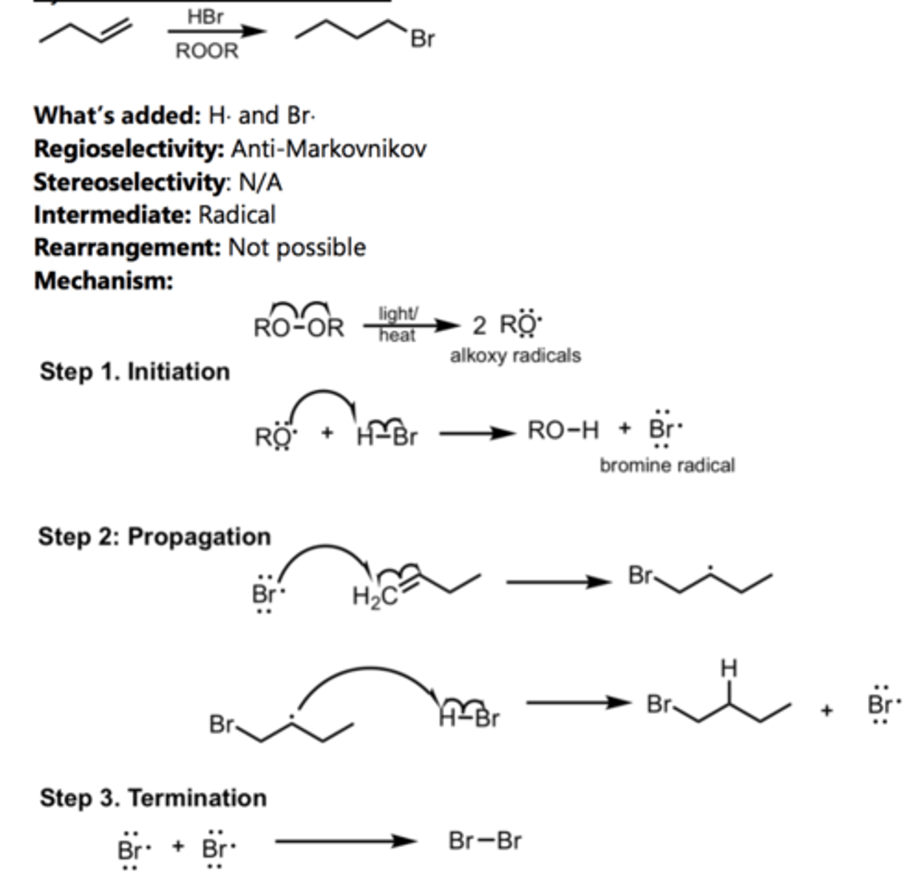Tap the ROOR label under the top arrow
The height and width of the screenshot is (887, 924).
pyautogui.click(x=207, y=51)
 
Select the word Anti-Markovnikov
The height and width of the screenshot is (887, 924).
pyautogui.click(x=328, y=149)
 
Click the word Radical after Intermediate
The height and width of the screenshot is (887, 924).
pyautogui.click(x=237, y=214)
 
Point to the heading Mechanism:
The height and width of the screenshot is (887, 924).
pyautogui.click(x=103, y=280)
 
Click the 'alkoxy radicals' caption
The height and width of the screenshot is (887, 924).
pyautogui.click(x=515, y=356)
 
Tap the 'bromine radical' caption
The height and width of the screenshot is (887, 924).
pyautogui.click(x=667, y=465)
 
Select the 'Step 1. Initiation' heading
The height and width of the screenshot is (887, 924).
pyautogui.click(x=135, y=371)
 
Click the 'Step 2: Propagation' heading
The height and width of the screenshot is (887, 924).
pyautogui.click(x=154, y=536)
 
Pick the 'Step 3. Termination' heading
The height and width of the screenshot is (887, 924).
pyautogui.click(x=153, y=798)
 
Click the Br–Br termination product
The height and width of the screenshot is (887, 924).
pyautogui.click(x=485, y=840)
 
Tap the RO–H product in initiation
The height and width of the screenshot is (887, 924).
pyautogui.click(x=563, y=429)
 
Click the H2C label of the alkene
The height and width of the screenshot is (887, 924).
pyautogui.click(x=376, y=596)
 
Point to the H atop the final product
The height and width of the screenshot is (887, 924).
pyautogui.click(x=729, y=668)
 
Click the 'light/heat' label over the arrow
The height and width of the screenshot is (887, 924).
pyautogui.click(x=398, y=324)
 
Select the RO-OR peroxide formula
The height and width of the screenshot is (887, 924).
pyautogui.click(x=299, y=327)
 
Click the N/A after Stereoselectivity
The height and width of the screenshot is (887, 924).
pyautogui.click(x=259, y=182)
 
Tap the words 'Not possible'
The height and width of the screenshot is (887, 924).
pyautogui.click(x=296, y=247)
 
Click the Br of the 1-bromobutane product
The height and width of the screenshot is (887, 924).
pyautogui.click(x=422, y=38)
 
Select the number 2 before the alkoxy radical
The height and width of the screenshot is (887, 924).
pyautogui.click(x=479, y=325)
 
